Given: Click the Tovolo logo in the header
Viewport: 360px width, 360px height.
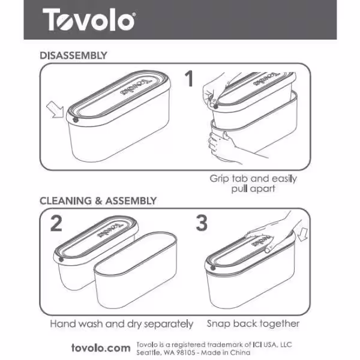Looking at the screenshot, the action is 89,19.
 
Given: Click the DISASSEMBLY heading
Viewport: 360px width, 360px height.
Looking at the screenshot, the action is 73,56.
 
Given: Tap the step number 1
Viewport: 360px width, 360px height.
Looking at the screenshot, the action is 190,79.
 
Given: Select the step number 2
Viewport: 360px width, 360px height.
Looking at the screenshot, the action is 56,223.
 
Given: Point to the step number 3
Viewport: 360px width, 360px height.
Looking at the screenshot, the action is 202,223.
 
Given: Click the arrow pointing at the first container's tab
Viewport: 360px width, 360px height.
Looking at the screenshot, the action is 55,110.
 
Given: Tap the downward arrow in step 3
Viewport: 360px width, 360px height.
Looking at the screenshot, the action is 302,235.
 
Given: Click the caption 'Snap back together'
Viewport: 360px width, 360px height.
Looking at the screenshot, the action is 253,323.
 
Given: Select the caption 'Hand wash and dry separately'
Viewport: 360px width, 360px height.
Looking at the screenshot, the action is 122,324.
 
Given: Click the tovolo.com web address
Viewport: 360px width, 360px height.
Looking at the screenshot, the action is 101,348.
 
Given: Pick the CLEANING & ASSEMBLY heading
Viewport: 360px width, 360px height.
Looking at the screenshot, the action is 98,201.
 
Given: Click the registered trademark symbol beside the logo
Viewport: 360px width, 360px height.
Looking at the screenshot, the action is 134,14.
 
